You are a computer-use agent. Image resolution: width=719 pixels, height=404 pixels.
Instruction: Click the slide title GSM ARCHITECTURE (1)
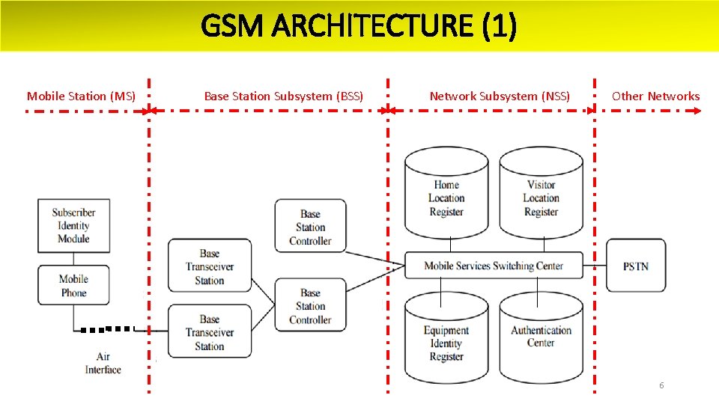(359, 27)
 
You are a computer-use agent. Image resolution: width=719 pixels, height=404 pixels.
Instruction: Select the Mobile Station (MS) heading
(81, 96)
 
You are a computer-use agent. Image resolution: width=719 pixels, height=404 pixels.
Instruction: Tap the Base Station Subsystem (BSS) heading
(284, 96)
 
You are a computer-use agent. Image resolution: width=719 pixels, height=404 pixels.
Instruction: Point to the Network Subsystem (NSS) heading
(500, 96)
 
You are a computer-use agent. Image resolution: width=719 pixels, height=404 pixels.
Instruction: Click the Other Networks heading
(655, 96)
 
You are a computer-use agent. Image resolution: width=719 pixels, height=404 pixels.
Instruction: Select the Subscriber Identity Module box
(73, 225)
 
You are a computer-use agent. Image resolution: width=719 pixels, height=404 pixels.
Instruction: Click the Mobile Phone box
(73, 286)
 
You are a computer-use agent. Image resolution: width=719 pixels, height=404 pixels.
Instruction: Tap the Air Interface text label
(103, 363)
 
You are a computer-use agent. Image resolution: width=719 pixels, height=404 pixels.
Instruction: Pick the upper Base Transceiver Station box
(210, 266)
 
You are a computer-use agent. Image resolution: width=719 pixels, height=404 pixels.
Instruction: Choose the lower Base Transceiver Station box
(210, 331)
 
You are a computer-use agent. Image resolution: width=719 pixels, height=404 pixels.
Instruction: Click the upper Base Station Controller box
(310, 227)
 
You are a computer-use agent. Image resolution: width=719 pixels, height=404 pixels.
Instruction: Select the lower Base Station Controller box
(310, 306)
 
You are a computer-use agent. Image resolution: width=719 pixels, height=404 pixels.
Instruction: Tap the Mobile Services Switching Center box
(494, 266)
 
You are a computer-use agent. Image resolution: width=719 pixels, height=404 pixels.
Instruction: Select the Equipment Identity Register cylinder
(446, 342)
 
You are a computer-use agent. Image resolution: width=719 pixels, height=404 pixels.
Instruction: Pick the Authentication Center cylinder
(541, 337)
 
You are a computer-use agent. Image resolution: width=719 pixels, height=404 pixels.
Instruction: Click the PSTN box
(635, 266)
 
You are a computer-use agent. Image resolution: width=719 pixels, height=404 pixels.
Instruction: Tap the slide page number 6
(661, 385)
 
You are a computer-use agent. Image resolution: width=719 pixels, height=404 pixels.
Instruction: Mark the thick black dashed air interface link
(108, 328)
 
